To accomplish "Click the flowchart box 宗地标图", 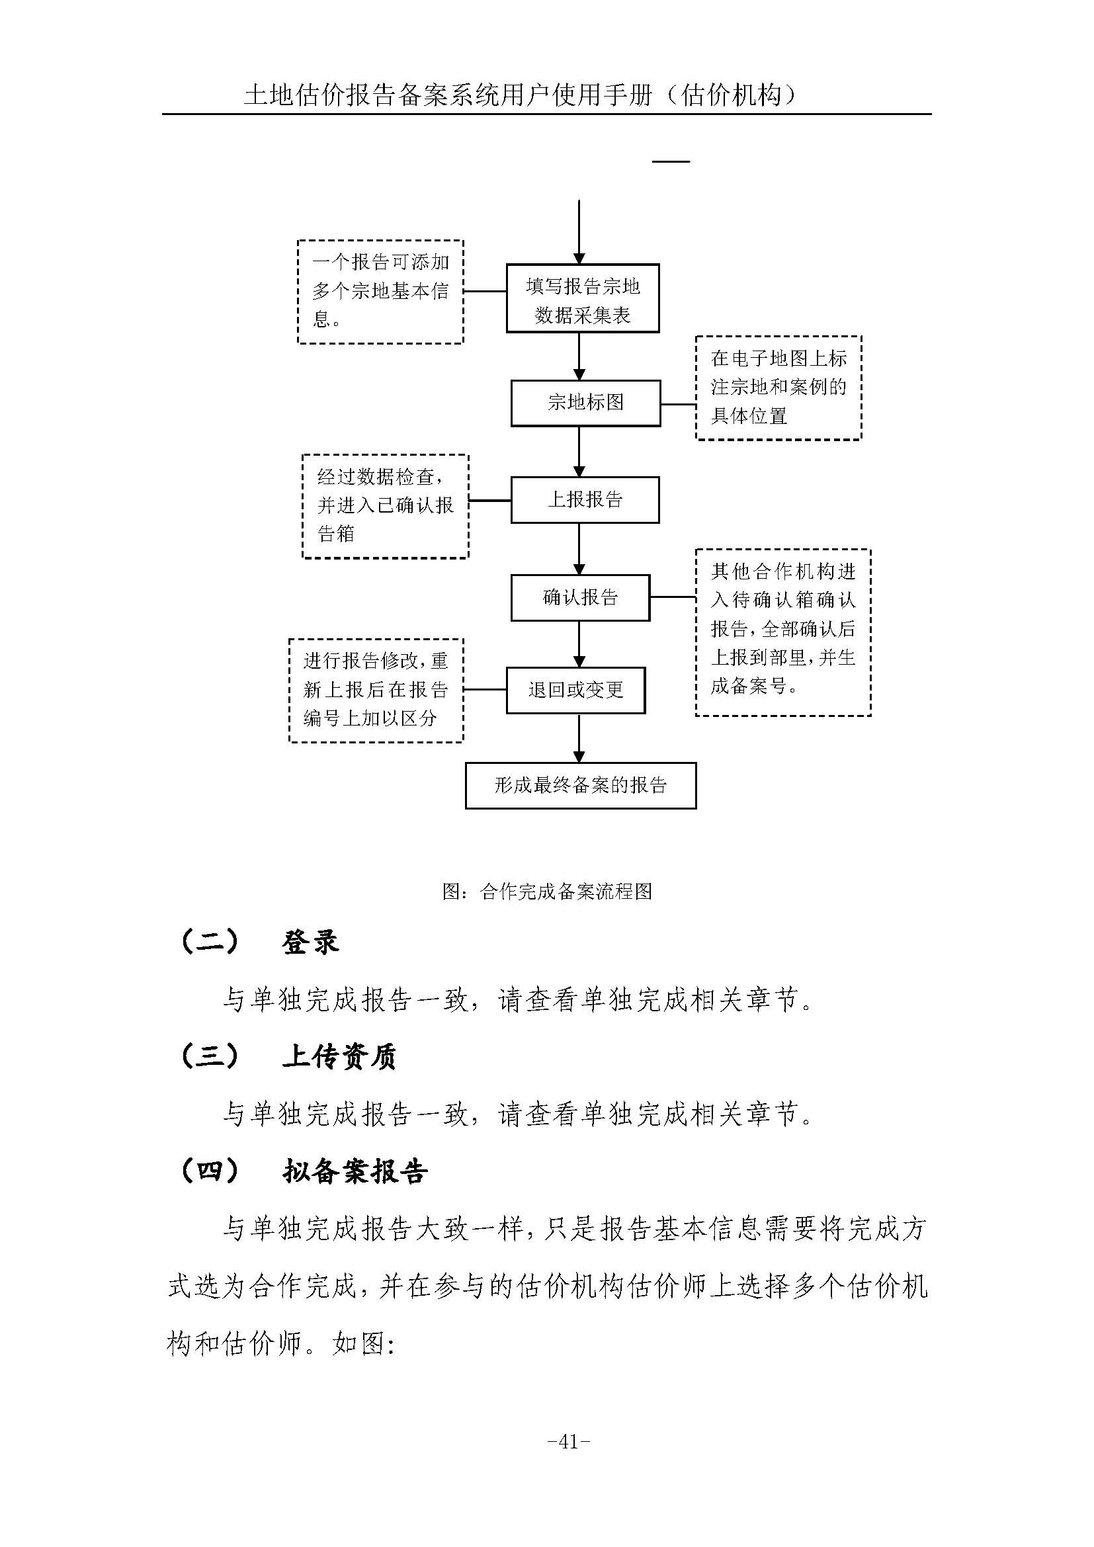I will pos(585,403).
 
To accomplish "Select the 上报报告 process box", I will pos(585,500).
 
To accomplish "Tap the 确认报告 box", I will pos(580,598).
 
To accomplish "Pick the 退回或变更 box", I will pos(575,690).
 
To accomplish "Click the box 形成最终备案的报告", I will pos(580,785).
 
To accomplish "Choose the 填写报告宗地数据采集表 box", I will pos(582,298).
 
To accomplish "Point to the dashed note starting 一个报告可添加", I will pos(380,292).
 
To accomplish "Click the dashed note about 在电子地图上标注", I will pos(778,388).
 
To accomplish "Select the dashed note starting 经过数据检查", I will pos(385,506).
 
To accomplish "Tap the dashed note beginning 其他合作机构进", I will pos(782,632).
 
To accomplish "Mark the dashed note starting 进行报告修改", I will pos(376,690).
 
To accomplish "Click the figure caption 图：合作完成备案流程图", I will pos(547,892).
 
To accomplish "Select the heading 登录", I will pos(310,942).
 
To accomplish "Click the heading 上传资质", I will pos(338,1056).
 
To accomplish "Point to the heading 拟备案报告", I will pos(355,1172).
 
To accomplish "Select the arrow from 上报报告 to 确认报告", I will pos(579,548).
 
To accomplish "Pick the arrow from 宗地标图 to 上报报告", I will pos(579,452).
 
